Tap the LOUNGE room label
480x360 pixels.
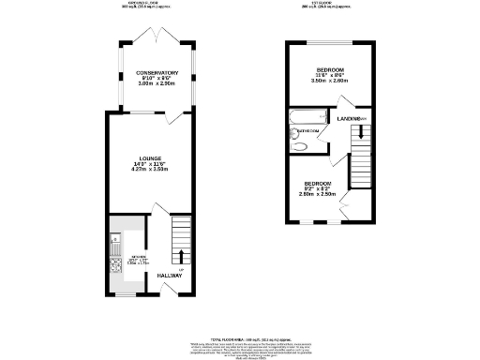tap(150, 157)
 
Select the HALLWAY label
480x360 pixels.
tap(171, 275)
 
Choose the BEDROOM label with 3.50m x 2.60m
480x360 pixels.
tap(329, 71)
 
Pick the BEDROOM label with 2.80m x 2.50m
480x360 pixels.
tap(315, 184)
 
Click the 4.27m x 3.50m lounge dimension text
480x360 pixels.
tap(150, 172)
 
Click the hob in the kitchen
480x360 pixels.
tap(116, 265)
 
